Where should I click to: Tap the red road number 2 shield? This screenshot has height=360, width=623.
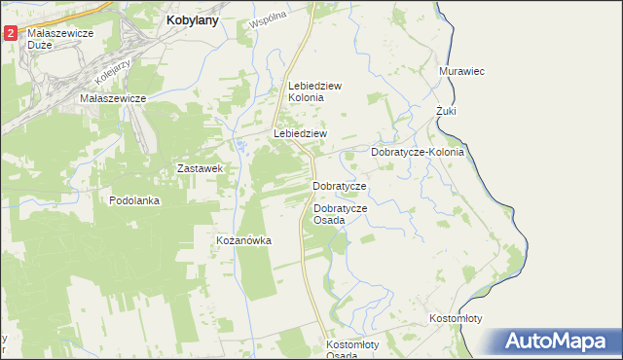(10, 33)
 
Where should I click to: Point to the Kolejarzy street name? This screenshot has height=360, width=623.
(113, 68)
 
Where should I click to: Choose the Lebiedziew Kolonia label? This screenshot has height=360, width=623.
(314, 91)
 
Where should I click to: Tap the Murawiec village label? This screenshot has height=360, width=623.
(462, 72)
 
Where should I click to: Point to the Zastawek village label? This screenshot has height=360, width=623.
(202, 168)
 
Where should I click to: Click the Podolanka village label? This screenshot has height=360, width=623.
(134, 200)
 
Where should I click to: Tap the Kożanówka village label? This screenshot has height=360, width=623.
(243, 240)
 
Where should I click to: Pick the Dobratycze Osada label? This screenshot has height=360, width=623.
(340, 214)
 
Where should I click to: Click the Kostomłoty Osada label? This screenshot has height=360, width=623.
(356, 349)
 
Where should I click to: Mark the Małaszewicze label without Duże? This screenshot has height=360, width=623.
(113, 98)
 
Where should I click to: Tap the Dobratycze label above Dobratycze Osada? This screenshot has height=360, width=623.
(339, 186)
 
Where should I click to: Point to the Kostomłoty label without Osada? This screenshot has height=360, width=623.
(456, 319)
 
